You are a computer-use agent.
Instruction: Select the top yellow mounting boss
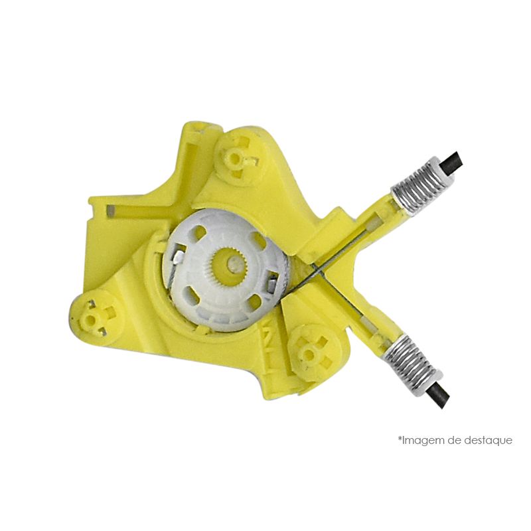click(x=235, y=157)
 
